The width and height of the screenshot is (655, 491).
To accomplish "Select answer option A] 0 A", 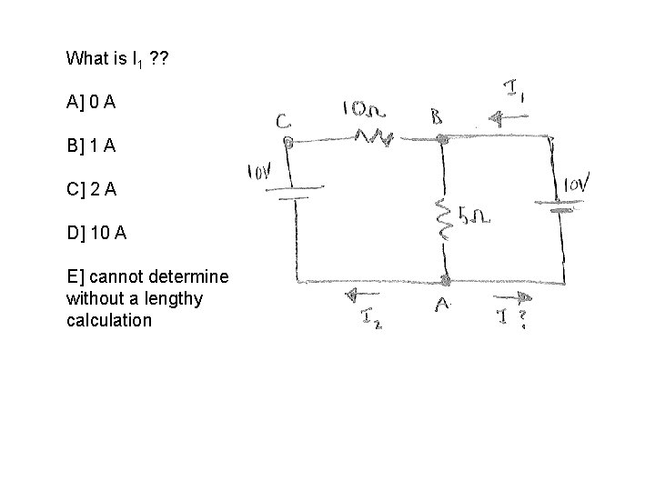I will [x=90, y=103].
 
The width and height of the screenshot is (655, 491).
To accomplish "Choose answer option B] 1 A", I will [x=90, y=145].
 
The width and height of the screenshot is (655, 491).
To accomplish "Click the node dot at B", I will [x=442, y=140].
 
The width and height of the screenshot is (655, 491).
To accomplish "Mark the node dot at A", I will [x=444, y=280].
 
